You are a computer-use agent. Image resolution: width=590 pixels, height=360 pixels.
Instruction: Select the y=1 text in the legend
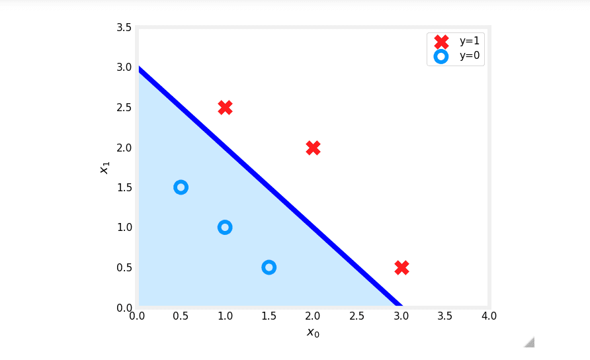pyautogui.click(x=469, y=41)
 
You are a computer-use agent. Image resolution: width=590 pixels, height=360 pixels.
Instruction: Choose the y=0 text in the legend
pyautogui.click(x=469, y=56)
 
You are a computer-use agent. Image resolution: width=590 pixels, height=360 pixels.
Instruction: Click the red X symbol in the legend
pyautogui.click(x=441, y=41)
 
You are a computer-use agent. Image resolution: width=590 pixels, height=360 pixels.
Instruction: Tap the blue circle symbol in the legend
pyautogui.click(x=441, y=56)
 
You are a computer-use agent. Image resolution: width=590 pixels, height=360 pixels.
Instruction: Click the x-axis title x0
pyautogui.click(x=313, y=332)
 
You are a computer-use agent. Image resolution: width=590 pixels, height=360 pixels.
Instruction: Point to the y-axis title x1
pyautogui.click(x=104, y=167)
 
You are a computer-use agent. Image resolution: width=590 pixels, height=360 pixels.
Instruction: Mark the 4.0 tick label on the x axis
pyautogui.click(x=489, y=316)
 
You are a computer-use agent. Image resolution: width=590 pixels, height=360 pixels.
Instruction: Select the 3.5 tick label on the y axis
pyautogui.click(x=124, y=27)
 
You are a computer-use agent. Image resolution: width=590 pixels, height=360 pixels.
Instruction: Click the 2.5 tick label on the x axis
pyautogui.click(x=357, y=316)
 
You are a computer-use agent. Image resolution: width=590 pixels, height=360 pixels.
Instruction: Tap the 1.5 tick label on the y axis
pyautogui.click(x=124, y=187)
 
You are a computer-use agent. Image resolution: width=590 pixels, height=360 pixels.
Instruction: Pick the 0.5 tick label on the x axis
pyautogui.click(x=181, y=316)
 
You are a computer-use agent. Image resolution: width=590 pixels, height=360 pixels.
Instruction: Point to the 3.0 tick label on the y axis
pyautogui.click(x=124, y=67)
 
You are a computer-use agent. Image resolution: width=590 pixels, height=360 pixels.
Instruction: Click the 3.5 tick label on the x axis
pyautogui.click(x=445, y=316)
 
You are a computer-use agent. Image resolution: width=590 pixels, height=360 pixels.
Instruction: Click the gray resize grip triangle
pyautogui.click(x=529, y=341)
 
